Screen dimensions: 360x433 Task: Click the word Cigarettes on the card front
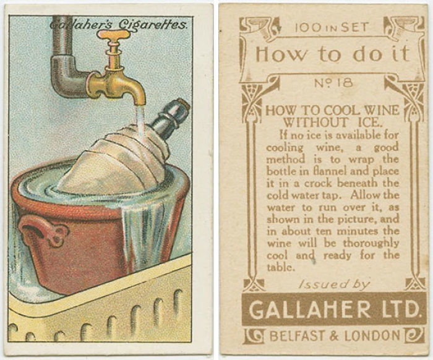(158, 25)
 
